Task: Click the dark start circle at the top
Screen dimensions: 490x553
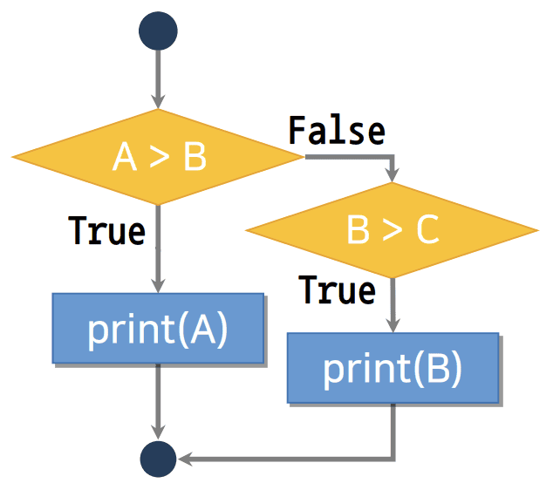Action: click(158, 31)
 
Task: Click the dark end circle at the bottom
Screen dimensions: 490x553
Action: click(158, 458)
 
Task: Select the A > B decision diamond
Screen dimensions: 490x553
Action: click(158, 157)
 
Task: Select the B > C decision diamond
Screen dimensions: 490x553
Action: click(392, 230)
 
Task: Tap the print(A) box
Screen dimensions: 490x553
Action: click(158, 329)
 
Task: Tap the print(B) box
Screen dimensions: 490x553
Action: click(393, 368)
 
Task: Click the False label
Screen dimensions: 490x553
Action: click(337, 131)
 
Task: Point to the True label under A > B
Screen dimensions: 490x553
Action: click(106, 231)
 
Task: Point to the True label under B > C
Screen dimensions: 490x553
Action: click(337, 289)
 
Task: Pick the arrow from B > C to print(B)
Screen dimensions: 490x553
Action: click(393, 305)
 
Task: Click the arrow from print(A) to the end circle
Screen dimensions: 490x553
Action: click(158, 401)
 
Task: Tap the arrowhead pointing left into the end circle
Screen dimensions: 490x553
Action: click(185, 458)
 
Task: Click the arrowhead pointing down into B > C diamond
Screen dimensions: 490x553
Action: click(393, 174)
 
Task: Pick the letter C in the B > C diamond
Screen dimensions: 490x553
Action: click(426, 231)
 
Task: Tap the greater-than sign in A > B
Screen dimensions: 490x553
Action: click(159, 158)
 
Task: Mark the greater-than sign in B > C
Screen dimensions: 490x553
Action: click(392, 231)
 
